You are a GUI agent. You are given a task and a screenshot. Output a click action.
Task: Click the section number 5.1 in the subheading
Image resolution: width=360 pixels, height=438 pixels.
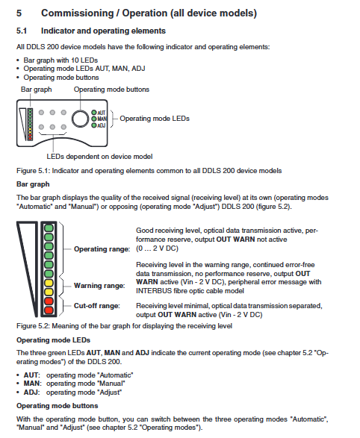coord(22,31)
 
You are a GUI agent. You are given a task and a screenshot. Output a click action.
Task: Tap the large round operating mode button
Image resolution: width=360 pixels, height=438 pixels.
coord(80,119)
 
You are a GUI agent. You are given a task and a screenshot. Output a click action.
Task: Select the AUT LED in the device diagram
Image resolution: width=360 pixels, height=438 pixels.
coord(94,113)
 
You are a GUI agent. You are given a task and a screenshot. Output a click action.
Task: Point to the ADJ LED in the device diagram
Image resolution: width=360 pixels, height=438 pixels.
coord(94,125)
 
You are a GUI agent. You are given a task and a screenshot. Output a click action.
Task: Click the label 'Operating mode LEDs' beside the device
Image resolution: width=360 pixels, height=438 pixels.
coord(155,119)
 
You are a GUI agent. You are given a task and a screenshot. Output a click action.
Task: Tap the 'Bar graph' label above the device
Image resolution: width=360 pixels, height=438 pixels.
coord(37,90)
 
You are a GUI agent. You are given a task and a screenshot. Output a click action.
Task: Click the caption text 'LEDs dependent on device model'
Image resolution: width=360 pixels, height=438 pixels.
coord(99,157)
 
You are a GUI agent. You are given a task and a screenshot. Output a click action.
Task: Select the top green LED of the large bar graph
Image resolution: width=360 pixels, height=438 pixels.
coord(49,228)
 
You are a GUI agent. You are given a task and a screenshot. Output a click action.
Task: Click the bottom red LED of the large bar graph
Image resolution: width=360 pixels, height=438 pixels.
coord(49,310)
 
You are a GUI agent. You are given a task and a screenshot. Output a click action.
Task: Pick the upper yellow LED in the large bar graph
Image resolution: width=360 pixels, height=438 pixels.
coord(49,283)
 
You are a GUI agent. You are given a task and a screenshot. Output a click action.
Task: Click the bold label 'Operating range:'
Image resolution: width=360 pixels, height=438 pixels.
coord(102,249)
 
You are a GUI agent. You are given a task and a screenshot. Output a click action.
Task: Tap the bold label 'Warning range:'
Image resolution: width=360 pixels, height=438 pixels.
coord(99,286)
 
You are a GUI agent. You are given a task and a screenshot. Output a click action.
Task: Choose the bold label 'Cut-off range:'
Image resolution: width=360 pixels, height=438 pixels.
coord(97,306)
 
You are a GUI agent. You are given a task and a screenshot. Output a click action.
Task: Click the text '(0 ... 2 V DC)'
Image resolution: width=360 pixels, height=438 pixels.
coord(157,248)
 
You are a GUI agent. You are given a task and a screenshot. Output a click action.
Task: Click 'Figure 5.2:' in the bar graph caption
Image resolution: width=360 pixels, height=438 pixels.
coord(34,326)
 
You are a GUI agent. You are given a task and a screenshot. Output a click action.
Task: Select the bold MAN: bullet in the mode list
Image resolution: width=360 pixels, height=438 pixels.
coord(32,384)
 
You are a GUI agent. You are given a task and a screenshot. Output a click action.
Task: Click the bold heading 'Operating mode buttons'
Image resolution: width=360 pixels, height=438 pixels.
coord(58,406)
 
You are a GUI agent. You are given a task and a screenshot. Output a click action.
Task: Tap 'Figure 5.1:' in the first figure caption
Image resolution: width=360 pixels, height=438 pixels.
coord(34,171)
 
